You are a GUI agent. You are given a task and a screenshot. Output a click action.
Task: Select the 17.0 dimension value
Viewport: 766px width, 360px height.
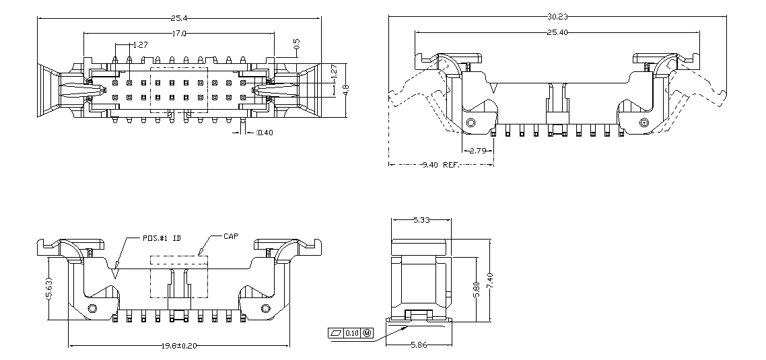pyautogui.click(x=178, y=33)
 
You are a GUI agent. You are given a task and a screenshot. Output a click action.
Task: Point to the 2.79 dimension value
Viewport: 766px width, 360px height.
pyautogui.click(x=479, y=150)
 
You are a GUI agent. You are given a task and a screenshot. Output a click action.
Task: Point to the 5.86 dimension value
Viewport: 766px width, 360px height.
pyautogui.click(x=421, y=345)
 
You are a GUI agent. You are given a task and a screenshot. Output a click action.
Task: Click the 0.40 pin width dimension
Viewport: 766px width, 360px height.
pyautogui.click(x=265, y=133)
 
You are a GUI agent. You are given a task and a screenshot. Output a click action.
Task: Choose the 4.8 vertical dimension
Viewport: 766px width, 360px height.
pyautogui.click(x=346, y=90)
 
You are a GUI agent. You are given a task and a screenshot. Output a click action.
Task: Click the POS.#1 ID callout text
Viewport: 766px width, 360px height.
pyautogui.click(x=162, y=238)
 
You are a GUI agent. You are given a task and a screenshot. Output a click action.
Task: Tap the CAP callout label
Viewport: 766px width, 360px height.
pyautogui.click(x=230, y=237)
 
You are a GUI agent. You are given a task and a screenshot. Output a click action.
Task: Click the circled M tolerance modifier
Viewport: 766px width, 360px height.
pyautogui.click(x=367, y=333)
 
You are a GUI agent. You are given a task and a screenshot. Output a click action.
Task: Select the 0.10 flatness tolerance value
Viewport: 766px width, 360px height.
pyautogui.click(x=352, y=333)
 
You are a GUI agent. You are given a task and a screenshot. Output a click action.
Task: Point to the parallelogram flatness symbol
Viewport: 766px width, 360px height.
pyautogui.click(x=336, y=333)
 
